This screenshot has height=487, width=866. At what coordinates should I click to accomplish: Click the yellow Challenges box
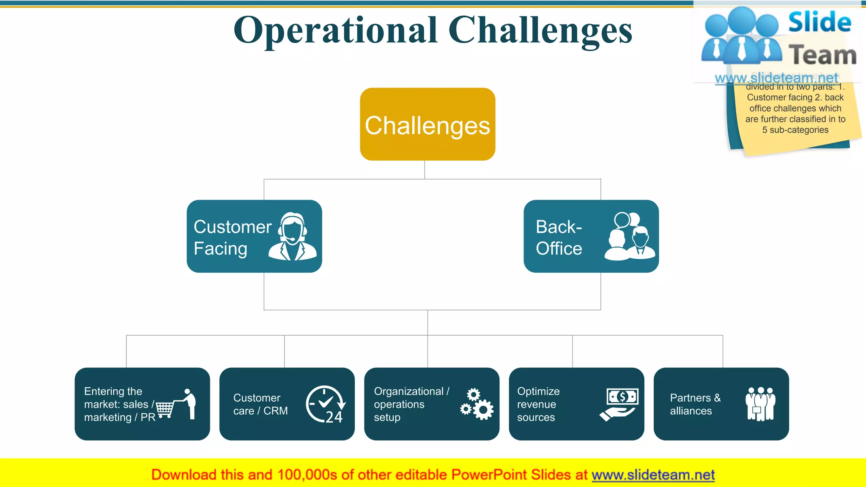point(428,124)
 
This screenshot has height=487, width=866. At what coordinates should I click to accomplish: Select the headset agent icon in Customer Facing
point(292,236)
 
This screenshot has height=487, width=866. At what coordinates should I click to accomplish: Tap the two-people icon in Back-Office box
point(630,236)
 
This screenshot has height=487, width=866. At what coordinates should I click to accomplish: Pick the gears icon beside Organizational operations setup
point(477,404)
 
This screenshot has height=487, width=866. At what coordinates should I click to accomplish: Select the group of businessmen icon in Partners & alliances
point(760,404)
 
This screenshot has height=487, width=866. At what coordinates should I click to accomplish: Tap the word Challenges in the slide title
point(540,30)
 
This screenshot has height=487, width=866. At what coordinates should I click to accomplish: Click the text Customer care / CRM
point(260,404)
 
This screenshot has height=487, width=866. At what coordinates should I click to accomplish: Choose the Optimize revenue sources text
point(538,404)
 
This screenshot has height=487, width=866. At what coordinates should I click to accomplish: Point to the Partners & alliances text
point(695,404)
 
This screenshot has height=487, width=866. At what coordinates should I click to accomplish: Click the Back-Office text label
point(559,238)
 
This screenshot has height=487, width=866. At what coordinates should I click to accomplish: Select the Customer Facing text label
point(232,238)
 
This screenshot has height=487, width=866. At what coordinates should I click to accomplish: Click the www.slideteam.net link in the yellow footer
point(653,475)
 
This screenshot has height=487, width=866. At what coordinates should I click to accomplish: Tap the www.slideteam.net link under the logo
point(776,78)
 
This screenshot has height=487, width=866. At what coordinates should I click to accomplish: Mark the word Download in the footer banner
point(182,475)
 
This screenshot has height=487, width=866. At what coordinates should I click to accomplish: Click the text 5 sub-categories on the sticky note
point(795,130)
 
